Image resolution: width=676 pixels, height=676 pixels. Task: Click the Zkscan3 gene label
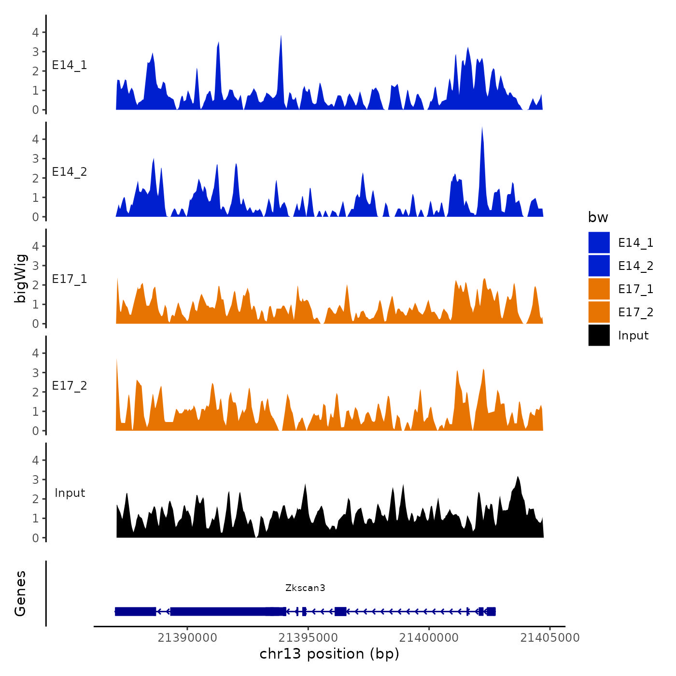[x=305, y=588]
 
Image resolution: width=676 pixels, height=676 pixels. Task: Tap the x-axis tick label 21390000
[x=187, y=637]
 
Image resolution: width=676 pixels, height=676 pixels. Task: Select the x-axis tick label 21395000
[x=309, y=637]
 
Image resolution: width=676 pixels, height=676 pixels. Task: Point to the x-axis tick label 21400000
[x=429, y=637]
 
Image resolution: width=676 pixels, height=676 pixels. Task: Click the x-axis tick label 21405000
[x=550, y=637]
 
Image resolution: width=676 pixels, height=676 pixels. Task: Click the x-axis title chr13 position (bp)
[x=329, y=654]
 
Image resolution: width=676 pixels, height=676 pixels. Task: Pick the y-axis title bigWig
[x=20, y=279]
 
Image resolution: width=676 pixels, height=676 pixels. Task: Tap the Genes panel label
[x=20, y=593]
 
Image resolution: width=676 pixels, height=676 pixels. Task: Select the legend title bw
[x=598, y=217]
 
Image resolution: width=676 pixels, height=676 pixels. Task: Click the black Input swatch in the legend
[x=599, y=335]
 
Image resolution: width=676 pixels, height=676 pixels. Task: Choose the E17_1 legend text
[x=635, y=289]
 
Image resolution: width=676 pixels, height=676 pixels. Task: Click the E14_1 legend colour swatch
[x=599, y=242]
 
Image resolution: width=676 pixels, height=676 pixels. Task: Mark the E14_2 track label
[x=70, y=172]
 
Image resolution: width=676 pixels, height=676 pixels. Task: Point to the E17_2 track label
[x=70, y=386]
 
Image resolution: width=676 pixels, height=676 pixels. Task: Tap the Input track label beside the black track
[x=70, y=493]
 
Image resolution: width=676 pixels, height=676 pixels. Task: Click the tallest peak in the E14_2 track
[x=482, y=128]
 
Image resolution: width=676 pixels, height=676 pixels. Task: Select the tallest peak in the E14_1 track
[x=281, y=37]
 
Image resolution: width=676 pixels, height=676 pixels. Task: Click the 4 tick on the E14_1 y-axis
[x=36, y=32]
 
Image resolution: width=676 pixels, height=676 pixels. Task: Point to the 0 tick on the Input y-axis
[x=36, y=538]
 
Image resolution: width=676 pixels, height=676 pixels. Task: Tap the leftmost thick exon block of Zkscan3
[x=136, y=612]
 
